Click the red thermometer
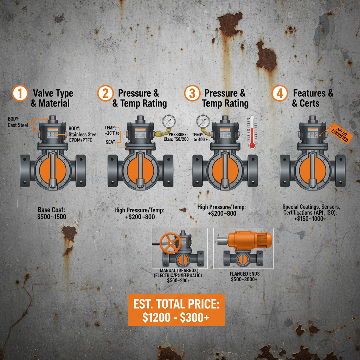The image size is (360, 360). point(252,133)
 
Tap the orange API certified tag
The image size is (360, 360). point(340,135)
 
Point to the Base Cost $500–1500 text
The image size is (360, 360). point(52,213)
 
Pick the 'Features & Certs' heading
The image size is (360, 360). point(313,98)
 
